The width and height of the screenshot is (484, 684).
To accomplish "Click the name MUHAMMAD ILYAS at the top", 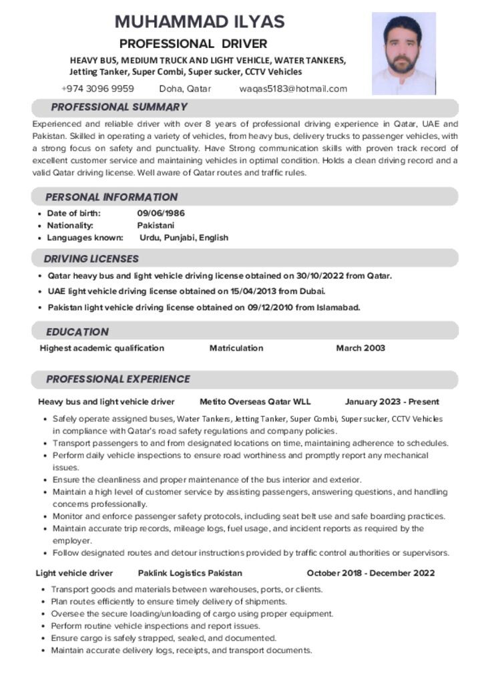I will [x=200, y=21].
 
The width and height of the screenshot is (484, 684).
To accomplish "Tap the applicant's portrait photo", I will [x=403, y=53].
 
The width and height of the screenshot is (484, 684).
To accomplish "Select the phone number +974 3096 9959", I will [x=97, y=89].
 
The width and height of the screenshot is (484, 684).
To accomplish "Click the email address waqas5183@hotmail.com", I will [x=293, y=89].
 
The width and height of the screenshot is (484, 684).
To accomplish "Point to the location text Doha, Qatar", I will [x=185, y=89].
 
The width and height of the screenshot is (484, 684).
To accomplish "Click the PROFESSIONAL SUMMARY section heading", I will [x=119, y=107].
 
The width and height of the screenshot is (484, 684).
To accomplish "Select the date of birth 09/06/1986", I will [x=161, y=213].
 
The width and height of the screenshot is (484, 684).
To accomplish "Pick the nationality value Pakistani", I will [x=156, y=225].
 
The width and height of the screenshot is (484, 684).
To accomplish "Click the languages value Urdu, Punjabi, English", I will [x=184, y=237].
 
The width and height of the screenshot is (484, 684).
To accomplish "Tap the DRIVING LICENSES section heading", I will [x=91, y=259].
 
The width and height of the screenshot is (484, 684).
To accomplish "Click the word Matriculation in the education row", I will [x=236, y=348].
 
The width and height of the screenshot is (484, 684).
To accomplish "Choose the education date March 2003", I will [x=360, y=348].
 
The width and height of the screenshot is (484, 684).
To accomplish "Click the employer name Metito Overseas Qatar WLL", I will [x=255, y=401].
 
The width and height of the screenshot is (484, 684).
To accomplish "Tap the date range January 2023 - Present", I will [x=392, y=401].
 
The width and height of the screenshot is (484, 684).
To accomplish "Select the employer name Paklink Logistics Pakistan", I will [x=190, y=573].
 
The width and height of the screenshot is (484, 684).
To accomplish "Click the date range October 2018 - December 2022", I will [x=371, y=573].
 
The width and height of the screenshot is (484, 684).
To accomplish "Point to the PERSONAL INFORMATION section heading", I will [x=111, y=197].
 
